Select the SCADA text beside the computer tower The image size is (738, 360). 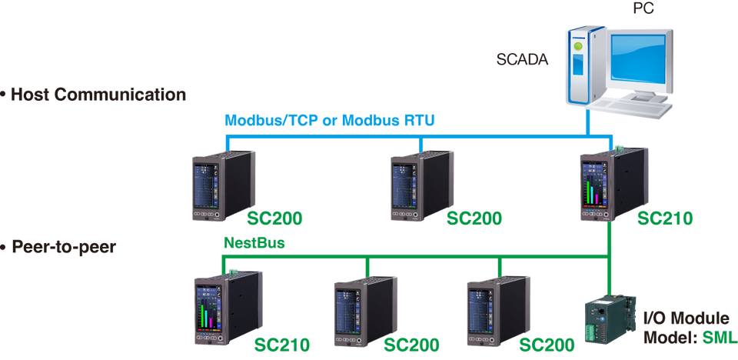524,58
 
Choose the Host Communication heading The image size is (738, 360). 95,95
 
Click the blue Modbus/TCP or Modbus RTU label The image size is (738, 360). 330,120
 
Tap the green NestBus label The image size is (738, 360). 254,243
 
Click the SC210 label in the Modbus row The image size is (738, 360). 665,219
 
